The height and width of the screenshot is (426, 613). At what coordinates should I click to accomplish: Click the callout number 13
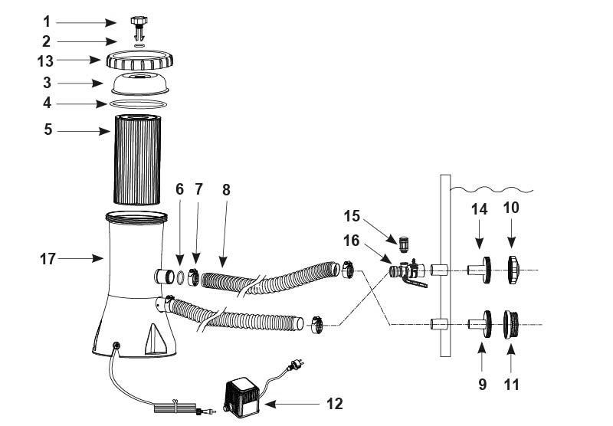[45, 61]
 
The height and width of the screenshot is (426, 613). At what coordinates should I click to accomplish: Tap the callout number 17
[48, 259]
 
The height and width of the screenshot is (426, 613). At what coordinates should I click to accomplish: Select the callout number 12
[335, 404]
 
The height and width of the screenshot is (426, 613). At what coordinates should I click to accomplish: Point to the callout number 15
[352, 216]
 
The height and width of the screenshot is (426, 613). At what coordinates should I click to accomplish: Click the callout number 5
[48, 129]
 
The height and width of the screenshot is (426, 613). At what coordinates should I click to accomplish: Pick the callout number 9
[483, 385]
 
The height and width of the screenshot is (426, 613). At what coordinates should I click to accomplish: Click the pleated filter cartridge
[137, 159]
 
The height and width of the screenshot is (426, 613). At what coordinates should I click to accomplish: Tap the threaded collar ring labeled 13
[139, 61]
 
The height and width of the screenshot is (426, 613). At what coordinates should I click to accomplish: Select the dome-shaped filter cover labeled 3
[140, 84]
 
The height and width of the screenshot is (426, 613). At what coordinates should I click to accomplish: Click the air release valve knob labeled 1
[139, 28]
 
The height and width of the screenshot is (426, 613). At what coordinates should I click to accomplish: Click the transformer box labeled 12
[241, 396]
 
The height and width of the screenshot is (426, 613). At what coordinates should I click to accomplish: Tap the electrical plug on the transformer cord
[295, 365]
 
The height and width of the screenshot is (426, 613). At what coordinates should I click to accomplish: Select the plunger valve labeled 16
[408, 272]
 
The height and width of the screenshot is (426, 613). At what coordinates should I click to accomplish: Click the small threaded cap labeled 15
[404, 244]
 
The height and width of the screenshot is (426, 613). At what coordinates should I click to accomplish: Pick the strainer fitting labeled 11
[510, 324]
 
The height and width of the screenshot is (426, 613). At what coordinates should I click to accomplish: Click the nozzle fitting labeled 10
[513, 270]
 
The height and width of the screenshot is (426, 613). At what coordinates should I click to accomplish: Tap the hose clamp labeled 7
[193, 277]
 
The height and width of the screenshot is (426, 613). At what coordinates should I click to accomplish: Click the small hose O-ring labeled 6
[180, 277]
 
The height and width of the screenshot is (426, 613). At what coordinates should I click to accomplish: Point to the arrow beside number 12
[292, 404]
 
